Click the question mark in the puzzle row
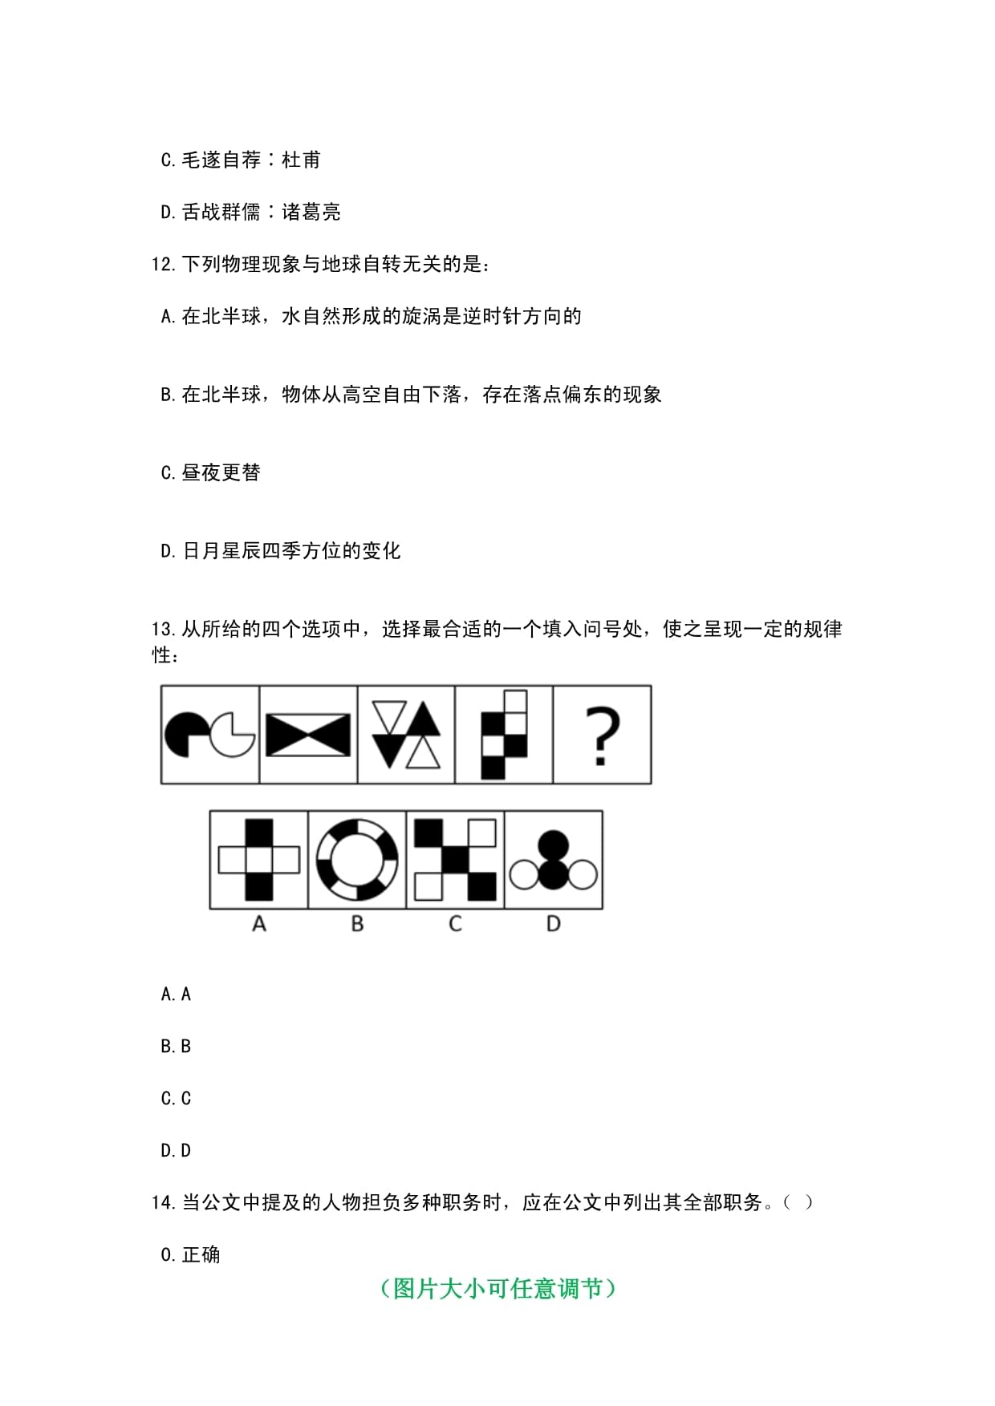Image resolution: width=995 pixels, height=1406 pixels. tap(603, 735)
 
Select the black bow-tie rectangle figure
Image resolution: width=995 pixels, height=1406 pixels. tap(308, 735)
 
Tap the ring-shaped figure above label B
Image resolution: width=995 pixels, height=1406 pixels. tap(357, 860)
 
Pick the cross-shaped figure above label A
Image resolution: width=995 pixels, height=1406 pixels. tap(258, 860)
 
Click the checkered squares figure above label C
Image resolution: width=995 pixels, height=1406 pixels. tap(455, 860)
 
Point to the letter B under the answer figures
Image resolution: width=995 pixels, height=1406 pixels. tap(357, 924)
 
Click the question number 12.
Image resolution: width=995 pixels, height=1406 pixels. tap(162, 264)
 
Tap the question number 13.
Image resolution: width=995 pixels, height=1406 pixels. tap(162, 630)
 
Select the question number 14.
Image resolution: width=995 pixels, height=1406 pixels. tap(162, 1202)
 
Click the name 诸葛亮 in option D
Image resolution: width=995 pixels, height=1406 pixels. tap(311, 212)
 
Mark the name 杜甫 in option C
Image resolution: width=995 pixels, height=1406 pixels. tap(302, 160)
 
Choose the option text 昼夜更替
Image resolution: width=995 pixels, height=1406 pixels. tap(221, 472)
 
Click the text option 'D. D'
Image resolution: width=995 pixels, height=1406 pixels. tap(176, 1150)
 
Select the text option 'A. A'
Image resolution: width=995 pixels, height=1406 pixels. tap(176, 994)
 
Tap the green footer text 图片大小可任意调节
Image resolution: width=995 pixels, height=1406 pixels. tap(497, 1288)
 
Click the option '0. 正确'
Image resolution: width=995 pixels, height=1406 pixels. tap(190, 1254)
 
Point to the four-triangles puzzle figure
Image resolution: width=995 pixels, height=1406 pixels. tap(407, 735)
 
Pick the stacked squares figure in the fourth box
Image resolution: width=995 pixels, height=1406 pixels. tap(504, 735)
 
